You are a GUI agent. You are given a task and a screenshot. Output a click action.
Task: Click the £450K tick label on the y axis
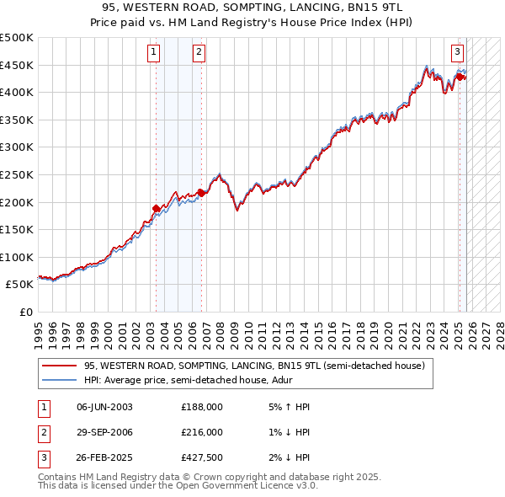click(17, 65)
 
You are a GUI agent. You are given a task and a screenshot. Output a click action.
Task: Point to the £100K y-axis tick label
click(17, 257)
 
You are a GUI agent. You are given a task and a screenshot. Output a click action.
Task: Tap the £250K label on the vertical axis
click(17, 174)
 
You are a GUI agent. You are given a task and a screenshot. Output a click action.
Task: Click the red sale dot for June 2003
click(156, 208)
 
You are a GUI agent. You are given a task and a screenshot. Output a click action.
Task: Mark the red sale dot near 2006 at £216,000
click(202, 192)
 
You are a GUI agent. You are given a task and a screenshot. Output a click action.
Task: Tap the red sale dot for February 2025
click(460, 77)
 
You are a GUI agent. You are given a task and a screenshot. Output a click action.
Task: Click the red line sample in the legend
click(59, 366)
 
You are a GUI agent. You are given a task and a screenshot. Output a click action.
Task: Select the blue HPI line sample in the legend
click(59, 380)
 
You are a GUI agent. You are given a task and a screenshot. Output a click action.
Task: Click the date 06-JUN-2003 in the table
click(104, 407)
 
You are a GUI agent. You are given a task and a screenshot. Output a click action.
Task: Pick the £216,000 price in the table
click(202, 432)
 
